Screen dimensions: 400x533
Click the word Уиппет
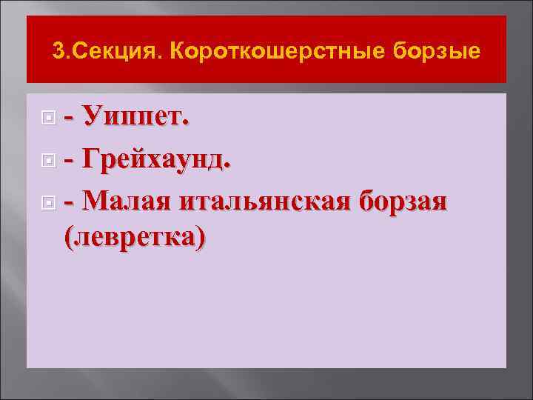click(x=134, y=118)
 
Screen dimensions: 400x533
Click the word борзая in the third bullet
click(x=403, y=200)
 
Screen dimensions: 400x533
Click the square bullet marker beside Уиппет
click(x=48, y=118)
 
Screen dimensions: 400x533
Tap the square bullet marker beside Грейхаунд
click(x=48, y=159)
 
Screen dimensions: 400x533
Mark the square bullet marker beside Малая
click(x=48, y=201)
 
